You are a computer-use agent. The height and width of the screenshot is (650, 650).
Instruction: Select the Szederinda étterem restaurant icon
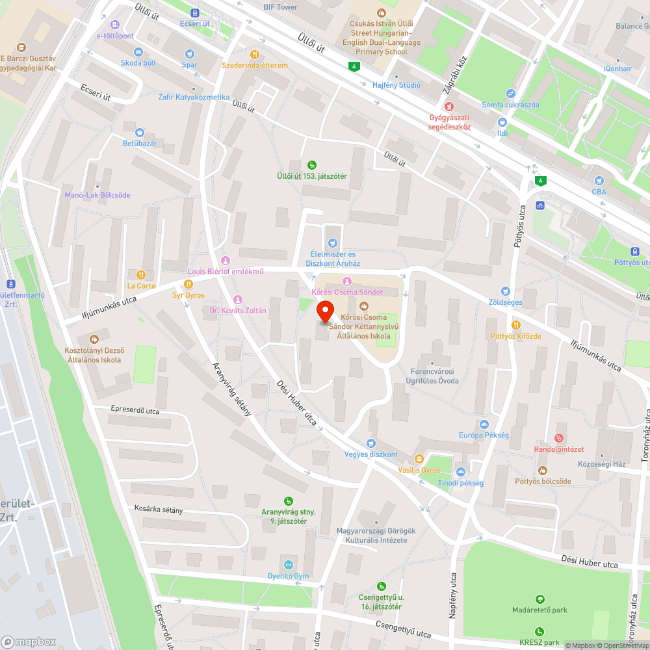click(x=255, y=55)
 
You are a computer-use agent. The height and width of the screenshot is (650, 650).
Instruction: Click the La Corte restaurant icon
click(x=141, y=274)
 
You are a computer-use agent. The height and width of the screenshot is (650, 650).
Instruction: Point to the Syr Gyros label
click(x=188, y=295)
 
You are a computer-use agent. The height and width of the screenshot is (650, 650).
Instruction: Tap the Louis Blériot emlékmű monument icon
click(x=226, y=261)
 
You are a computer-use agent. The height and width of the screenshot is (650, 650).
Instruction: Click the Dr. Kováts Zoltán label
click(x=238, y=311)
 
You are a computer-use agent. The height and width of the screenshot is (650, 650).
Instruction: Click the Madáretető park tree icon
click(x=539, y=599)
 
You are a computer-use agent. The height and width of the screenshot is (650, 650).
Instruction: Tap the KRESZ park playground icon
click(x=539, y=631)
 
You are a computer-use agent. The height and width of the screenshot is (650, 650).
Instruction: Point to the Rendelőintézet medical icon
click(x=559, y=438)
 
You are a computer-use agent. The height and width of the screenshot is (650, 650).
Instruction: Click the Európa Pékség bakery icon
click(x=484, y=424)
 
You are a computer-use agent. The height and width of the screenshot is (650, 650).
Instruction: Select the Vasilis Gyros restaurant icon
click(x=419, y=459)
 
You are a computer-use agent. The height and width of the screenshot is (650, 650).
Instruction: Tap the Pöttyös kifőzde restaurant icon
click(x=516, y=325)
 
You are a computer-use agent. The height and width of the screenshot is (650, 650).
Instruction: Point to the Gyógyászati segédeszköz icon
click(x=448, y=107)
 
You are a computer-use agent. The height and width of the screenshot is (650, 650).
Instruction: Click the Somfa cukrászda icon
click(x=510, y=94)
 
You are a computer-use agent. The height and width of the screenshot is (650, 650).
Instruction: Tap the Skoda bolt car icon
click(x=138, y=52)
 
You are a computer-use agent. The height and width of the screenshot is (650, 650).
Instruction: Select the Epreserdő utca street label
click(x=135, y=411)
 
